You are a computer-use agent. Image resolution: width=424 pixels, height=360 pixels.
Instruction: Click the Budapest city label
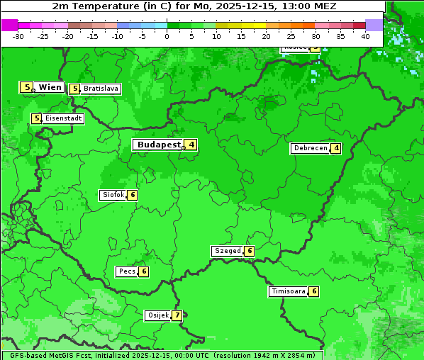(x=159, y=145)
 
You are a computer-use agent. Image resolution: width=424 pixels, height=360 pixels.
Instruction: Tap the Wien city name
(x=50, y=87)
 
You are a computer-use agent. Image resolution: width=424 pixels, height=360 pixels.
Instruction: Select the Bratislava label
(x=100, y=89)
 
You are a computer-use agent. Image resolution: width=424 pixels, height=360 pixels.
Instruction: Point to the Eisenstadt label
(x=63, y=118)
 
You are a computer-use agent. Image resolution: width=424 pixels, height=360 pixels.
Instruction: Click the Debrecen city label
(x=310, y=148)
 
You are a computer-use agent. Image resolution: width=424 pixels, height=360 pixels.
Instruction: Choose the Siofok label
(x=113, y=195)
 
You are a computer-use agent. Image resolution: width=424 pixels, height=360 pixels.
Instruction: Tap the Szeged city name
(x=227, y=251)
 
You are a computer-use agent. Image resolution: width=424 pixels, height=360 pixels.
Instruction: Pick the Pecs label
(x=127, y=271)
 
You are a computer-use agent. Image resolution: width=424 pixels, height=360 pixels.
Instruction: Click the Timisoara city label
(x=288, y=291)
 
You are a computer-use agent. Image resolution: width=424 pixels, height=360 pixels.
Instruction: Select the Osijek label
(x=157, y=315)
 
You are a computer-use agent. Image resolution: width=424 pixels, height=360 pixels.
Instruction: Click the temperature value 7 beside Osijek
(x=177, y=315)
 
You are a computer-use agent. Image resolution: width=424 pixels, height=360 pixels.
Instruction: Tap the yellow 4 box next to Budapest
(x=191, y=145)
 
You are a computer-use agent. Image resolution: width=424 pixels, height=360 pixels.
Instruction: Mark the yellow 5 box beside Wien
(x=27, y=87)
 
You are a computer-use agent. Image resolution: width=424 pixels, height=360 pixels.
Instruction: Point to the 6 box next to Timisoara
(x=313, y=291)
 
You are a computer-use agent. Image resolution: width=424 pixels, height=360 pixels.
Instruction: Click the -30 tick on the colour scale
(x=18, y=36)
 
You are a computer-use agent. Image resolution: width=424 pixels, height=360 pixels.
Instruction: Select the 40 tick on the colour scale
(x=365, y=36)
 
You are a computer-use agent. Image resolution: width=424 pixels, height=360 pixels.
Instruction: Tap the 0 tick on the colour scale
(x=167, y=36)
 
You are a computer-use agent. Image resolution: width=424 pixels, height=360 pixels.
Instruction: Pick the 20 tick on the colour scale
(x=266, y=36)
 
